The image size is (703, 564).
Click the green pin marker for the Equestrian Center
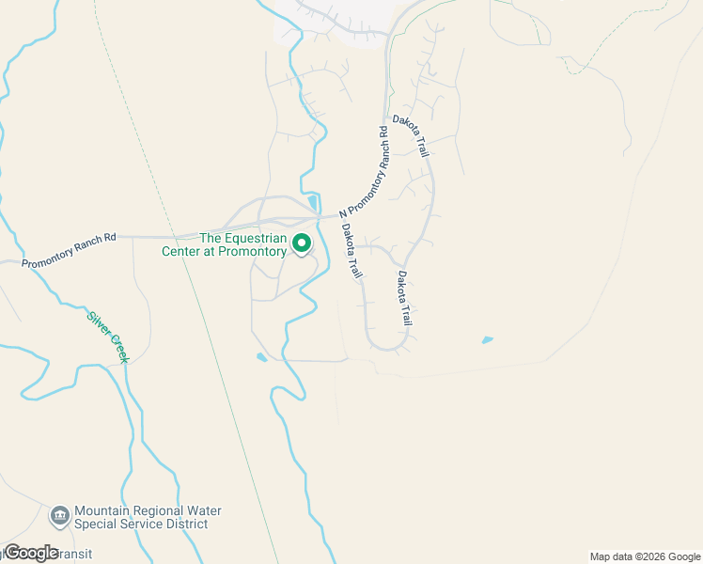302,243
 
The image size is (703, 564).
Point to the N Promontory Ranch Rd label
363,170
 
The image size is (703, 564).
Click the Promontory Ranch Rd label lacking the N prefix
69,249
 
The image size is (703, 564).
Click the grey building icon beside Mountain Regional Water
60,516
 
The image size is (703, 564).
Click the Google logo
31,553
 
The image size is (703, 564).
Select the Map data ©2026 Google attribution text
644,556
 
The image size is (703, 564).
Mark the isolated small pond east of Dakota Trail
487,339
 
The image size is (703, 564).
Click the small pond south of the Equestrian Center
260,357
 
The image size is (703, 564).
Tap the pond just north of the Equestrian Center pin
312,202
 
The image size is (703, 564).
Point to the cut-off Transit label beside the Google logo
75,554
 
